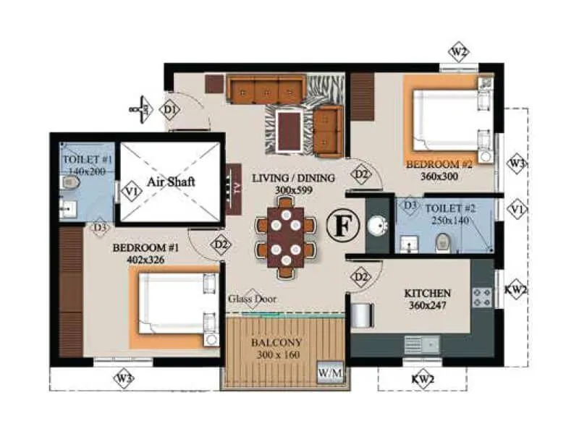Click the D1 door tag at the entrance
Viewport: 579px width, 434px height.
point(170,111)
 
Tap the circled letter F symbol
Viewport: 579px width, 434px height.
point(342,225)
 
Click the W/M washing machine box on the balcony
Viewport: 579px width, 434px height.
point(330,373)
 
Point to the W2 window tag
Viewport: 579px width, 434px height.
point(459,52)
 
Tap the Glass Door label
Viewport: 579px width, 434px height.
point(253,299)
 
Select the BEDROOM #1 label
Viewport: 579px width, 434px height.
point(145,247)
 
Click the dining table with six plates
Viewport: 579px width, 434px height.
point(286,237)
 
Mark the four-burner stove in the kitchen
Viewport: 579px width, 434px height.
point(481,297)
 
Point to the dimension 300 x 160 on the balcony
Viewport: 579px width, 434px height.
point(279,355)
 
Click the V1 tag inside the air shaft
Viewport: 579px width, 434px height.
point(131,192)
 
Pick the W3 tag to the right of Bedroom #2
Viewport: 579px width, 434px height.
point(515,163)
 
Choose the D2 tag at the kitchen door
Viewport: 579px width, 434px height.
point(361,276)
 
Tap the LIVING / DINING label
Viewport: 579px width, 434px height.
point(293,178)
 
